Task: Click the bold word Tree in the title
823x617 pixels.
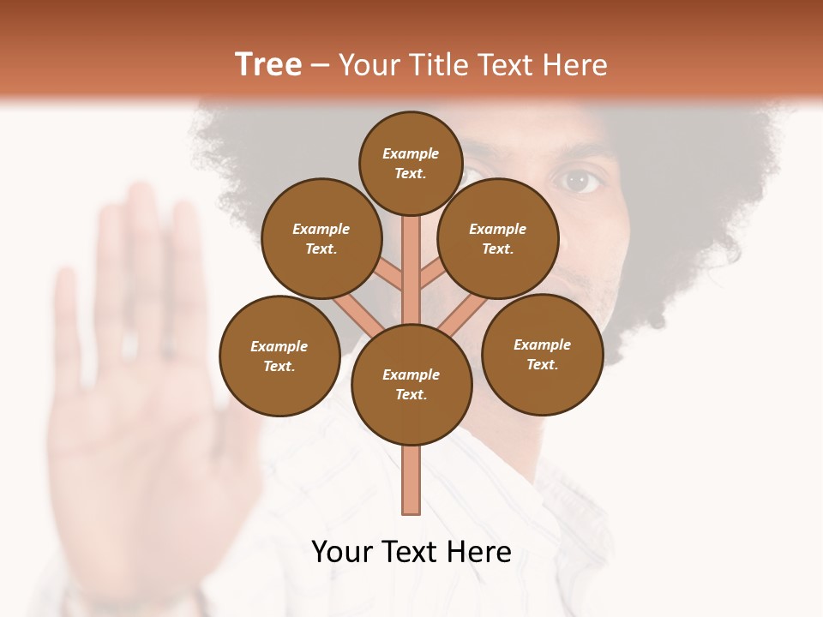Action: [x=268, y=65]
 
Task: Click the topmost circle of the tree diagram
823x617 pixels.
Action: [x=411, y=163]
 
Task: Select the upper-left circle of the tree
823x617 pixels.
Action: [x=321, y=238]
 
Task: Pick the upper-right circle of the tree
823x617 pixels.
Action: [x=498, y=238]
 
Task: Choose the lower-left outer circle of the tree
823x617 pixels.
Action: [x=279, y=356]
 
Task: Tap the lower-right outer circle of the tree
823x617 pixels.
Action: [x=542, y=354]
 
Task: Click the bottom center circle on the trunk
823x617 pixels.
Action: [x=411, y=385]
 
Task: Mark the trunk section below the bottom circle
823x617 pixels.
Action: [x=411, y=480]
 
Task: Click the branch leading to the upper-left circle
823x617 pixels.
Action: [x=389, y=273]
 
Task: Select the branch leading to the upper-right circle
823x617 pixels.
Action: [x=431, y=274]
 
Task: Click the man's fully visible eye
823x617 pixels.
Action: [x=581, y=181]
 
